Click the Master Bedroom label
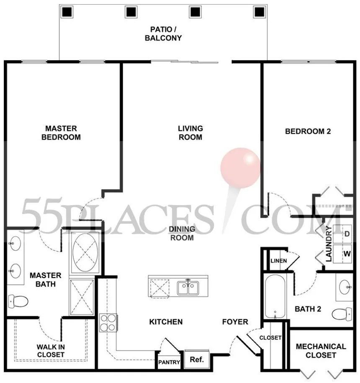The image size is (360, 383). [x=61, y=133]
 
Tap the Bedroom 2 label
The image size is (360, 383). [x=308, y=131]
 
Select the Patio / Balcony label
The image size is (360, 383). [x=163, y=34]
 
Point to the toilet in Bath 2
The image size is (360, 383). [x=342, y=314]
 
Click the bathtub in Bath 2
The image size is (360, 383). [x=275, y=296]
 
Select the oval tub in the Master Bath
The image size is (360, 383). [x=85, y=252]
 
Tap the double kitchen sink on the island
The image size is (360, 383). [x=188, y=288]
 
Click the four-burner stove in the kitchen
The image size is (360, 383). [x=108, y=322]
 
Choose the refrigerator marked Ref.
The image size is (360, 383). [x=197, y=359]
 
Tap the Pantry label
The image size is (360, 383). [x=169, y=362]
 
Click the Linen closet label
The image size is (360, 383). [x=279, y=261]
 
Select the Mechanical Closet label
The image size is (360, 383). [x=321, y=351]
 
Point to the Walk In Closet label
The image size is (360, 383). [x=51, y=351]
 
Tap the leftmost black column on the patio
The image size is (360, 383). [x=67, y=12]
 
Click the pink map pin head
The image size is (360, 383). [x=240, y=168]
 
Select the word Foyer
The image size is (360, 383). [x=235, y=322]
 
